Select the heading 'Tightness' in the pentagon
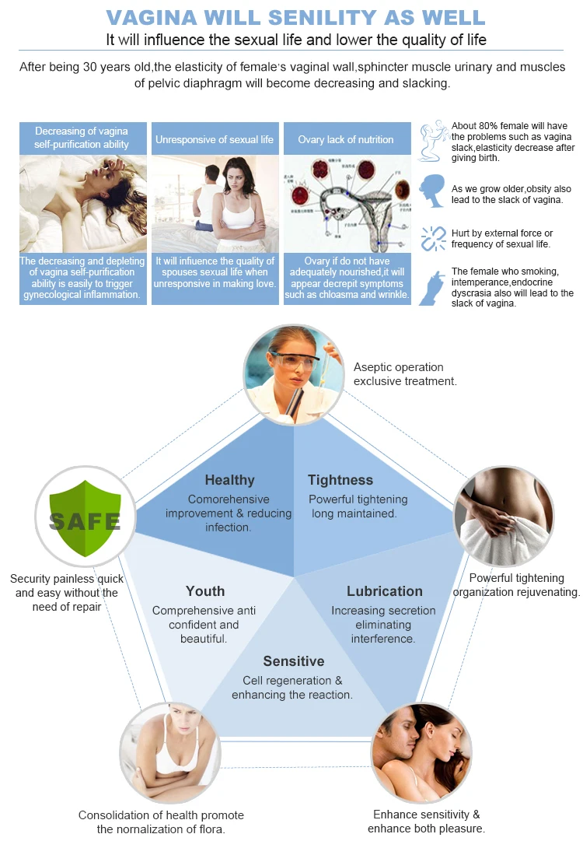point(340,480)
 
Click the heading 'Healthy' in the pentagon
point(229,480)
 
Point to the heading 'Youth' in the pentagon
point(205,591)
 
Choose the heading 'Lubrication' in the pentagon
point(385,591)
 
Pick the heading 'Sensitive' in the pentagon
point(293,661)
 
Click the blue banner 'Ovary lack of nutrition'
point(346,140)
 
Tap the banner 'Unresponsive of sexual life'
point(215,140)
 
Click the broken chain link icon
point(433,238)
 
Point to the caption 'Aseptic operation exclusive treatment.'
point(405,374)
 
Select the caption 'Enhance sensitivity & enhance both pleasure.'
point(426,822)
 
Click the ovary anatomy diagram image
point(346,202)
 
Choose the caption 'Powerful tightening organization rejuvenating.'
point(516,585)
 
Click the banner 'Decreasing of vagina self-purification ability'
point(82,138)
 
